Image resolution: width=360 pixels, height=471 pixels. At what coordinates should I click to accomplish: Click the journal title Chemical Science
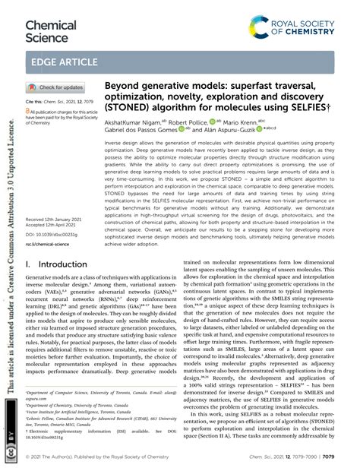51,30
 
